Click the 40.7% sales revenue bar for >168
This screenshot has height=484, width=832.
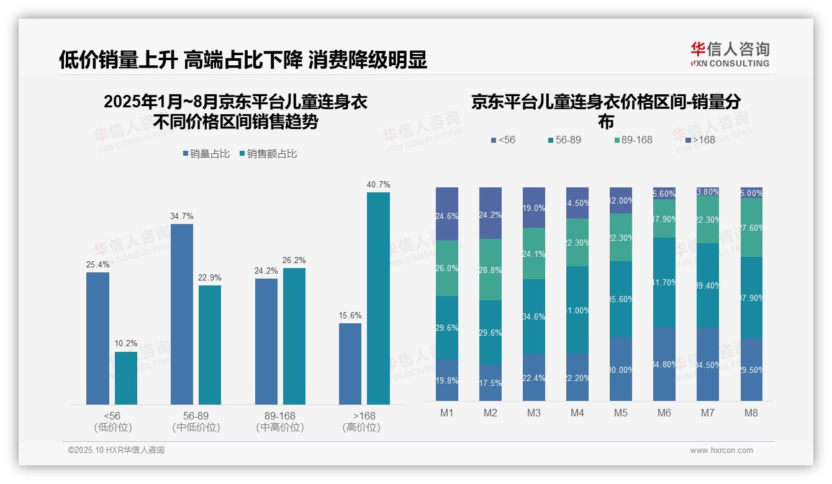coord(378,298)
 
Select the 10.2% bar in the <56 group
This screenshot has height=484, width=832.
coord(126,378)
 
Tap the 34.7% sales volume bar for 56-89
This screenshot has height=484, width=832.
coord(182,314)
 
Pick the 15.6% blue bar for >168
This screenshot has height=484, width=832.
coord(350,364)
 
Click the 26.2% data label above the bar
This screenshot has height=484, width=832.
coord(294,261)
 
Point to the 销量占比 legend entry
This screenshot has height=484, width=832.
coord(209,153)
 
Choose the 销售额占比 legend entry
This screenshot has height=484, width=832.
coord(268,153)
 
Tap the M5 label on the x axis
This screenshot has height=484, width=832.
coord(621,413)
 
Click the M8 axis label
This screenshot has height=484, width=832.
coord(751,413)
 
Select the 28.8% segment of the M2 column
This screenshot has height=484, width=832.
coord(491,269)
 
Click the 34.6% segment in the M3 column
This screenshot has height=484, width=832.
coord(534,316)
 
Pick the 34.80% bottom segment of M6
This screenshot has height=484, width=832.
coord(664,364)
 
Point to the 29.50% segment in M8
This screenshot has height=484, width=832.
coord(751,369)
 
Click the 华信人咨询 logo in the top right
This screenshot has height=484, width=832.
coord(730,54)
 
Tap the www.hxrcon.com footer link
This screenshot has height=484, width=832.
coord(721,450)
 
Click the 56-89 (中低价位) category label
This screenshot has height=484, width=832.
coord(196,421)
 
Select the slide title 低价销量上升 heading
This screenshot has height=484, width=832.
coord(243,60)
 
